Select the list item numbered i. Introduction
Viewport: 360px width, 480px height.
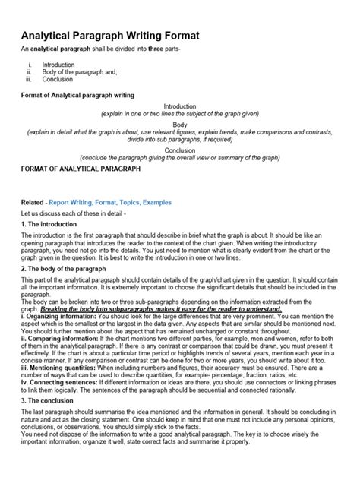point(58,65)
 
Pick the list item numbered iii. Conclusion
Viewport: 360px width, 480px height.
point(58,78)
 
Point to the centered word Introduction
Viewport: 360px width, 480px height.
point(180,106)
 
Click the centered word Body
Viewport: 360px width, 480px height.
point(180,124)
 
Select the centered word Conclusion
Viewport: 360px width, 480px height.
point(180,150)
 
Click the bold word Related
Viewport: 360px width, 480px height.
point(32,203)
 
